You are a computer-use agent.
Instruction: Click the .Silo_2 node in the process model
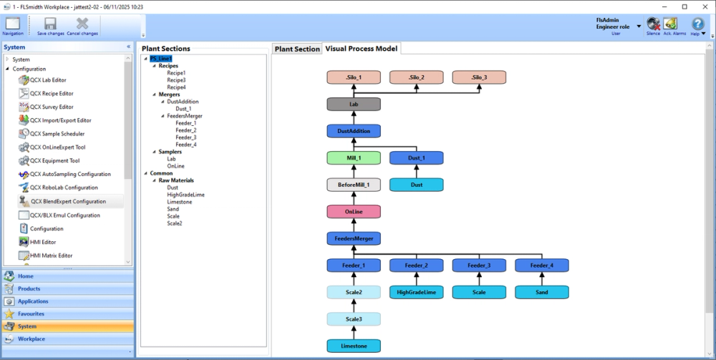coord(417,77)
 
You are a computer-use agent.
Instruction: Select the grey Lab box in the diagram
coord(354,104)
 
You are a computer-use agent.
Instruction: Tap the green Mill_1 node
coord(354,158)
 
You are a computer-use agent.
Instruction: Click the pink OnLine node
coord(354,212)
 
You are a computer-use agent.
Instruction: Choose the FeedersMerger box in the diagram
coord(354,238)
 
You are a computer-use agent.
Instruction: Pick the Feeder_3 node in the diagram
coord(479,266)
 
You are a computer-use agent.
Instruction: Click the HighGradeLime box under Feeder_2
coord(416,292)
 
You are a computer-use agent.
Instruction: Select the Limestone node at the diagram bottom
coord(354,346)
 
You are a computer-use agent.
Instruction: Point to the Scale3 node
coord(354,319)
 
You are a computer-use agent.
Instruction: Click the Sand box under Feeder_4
coord(541,292)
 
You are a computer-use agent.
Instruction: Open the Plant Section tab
coord(297,49)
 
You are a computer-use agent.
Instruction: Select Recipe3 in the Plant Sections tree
coord(176,80)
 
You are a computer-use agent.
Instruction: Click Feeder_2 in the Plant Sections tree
coord(185,130)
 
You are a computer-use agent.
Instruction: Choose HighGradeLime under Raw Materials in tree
coord(185,195)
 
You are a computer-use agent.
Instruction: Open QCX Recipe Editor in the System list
coord(52,94)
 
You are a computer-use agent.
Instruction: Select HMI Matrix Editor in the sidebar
coord(52,256)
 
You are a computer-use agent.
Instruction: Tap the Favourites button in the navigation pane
coord(31,313)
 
